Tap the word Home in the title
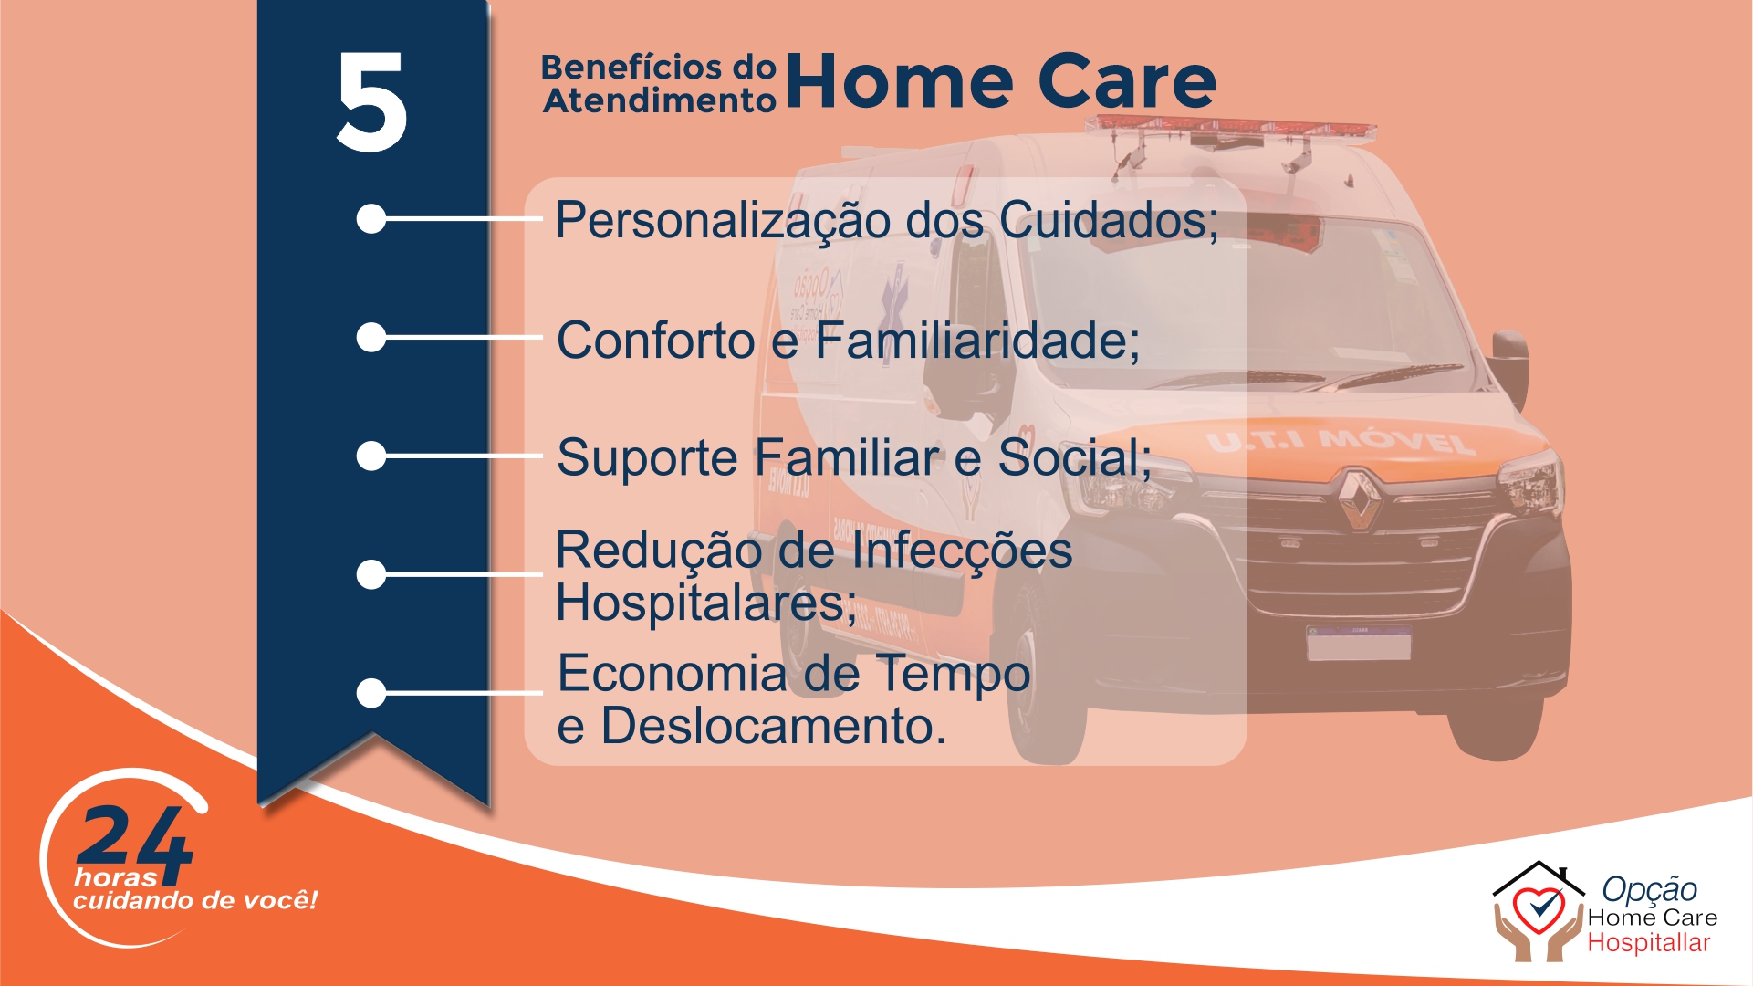pyautogui.click(x=899, y=81)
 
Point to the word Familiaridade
pyautogui.click(x=977, y=341)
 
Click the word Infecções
pyautogui.click(x=962, y=551)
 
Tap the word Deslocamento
pyautogui.click(x=774, y=726)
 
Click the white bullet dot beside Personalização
pyautogui.click(x=371, y=219)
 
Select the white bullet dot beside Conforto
pyautogui.click(x=371, y=338)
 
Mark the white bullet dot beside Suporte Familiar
pyautogui.click(x=371, y=456)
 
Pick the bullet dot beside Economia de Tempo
pyautogui.click(x=371, y=693)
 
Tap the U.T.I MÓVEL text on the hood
pyautogui.click(x=1340, y=442)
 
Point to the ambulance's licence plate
pyautogui.click(x=1359, y=643)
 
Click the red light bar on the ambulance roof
pyautogui.click(x=1233, y=131)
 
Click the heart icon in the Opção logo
pyautogui.click(x=1539, y=909)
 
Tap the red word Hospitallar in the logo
pyautogui.click(x=1649, y=943)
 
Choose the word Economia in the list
pyautogui.click(x=673, y=674)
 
